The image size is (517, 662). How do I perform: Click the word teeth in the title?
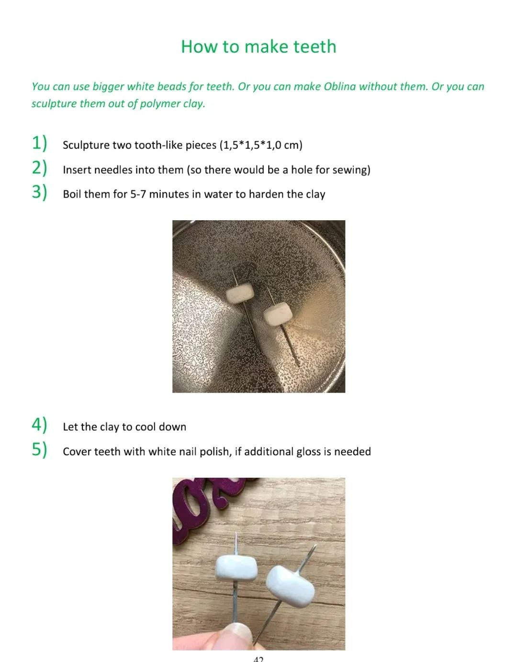tap(315, 46)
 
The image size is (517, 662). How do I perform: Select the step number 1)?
tap(39, 143)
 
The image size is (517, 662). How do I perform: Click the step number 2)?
tap(39, 168)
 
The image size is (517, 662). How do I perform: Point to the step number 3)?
tap(39, 192)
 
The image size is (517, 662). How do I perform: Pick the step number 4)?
tap(39, 425)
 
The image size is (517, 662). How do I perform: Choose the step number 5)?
tap(39, 450)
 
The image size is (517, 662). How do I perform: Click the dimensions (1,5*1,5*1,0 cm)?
tap(260, 145)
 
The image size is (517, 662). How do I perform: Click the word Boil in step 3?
tap(72, 194)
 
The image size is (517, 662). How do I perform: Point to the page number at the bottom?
tap(258, 659)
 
